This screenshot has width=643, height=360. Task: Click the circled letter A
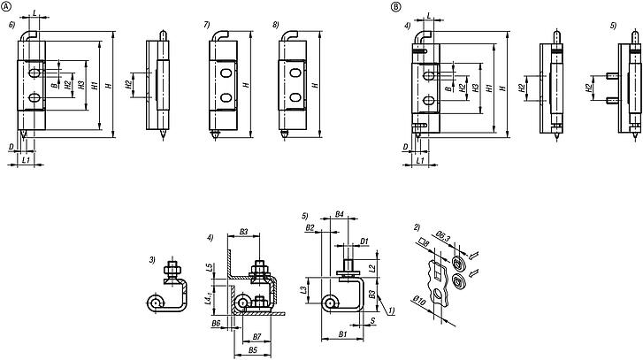coord(8,7)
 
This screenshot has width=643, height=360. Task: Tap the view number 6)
coord(11,25)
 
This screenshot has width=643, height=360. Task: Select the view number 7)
coord(207,25)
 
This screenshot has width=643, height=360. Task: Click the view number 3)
coord(152,259)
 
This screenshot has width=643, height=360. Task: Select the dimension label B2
coord(310,228)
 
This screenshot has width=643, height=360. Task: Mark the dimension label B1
coord(342,337)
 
